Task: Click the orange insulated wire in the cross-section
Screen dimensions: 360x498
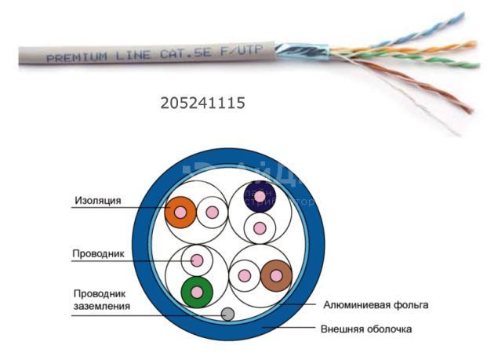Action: point(180,212)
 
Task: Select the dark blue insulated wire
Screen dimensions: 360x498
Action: point(259,195)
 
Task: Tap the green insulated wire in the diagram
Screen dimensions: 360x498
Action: point(196,292)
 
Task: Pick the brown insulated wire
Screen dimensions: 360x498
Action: point(276,275)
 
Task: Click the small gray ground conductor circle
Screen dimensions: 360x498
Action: point(227,315)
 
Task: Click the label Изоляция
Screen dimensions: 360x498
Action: point(97,201)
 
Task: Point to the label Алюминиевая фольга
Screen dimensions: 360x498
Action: point(376,304)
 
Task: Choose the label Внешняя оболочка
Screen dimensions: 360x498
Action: point(365,329)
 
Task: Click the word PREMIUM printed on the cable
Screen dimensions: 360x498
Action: point(74,57)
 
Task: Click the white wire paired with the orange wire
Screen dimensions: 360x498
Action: point(211,212)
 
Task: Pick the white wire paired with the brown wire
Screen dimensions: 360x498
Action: point(245,275)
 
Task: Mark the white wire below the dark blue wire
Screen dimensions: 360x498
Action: point(259,228)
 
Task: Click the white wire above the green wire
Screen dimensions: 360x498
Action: point(196,260)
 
